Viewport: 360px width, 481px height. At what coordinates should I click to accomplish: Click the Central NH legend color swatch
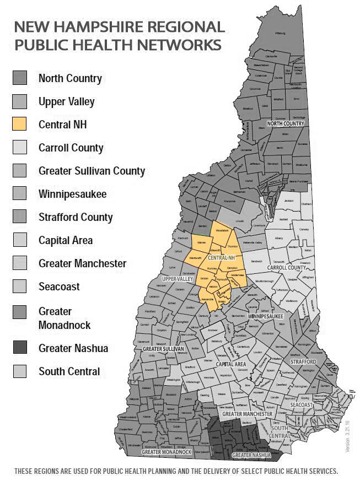pyautogui.click(x=20, y=125)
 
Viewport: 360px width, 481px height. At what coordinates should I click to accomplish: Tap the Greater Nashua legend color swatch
pyautogui.click(x=20, y=348)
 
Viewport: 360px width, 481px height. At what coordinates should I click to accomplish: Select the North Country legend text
pyautogui.click(x=70, y=78)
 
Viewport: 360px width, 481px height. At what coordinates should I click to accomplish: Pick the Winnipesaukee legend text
pyautogui.click(x=73, y=194)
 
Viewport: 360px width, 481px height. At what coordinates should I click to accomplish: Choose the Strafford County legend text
pyautogui.click(x=76, y=217)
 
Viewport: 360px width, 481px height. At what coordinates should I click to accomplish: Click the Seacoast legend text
pyautogui.click(x=59, y=287)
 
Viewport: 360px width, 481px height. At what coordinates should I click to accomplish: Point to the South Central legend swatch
pyautogui.click(x=20, y=371)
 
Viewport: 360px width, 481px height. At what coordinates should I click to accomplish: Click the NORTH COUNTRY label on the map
pyautogui.click(x=286, y=124)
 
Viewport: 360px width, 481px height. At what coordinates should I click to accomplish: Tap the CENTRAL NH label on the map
pyautogui.click(x=222, y=257)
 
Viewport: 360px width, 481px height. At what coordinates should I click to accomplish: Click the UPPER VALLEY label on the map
pyautogui.click(x=168, y=279)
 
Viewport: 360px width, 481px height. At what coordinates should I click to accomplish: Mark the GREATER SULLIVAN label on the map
pyautogui.click(x=163, y=349)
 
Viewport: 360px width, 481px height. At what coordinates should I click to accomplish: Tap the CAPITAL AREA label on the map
pyautogui.click(x=231, y=364)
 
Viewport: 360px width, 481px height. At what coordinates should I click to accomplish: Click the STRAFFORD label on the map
pyautogui.click(x=303, y=362)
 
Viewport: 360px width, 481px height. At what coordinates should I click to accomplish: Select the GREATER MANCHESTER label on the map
pyautogui.click(x=247, y=413)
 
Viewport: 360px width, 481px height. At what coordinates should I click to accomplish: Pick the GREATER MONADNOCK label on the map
pyautogui.click(x=166, y=452)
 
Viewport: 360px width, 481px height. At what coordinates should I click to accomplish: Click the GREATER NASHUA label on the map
pyautogui.click(x=251, y=456)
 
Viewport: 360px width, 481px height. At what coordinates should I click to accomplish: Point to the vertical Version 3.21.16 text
pyautogui.click(x=347, y=436)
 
